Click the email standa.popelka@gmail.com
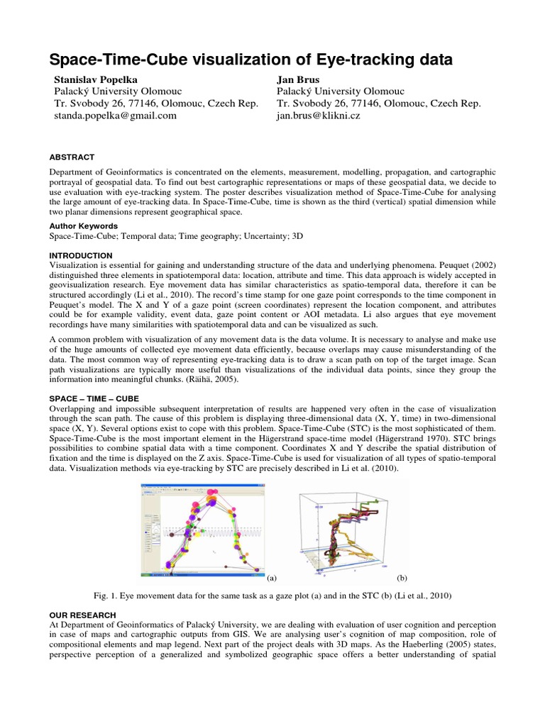[115, 116]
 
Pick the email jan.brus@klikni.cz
[318, 116]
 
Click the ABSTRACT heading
[72, 157]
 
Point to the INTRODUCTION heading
[81, 255]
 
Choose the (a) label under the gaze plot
[271, 578]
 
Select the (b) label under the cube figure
[401, 578]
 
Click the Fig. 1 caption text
[272, 594]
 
